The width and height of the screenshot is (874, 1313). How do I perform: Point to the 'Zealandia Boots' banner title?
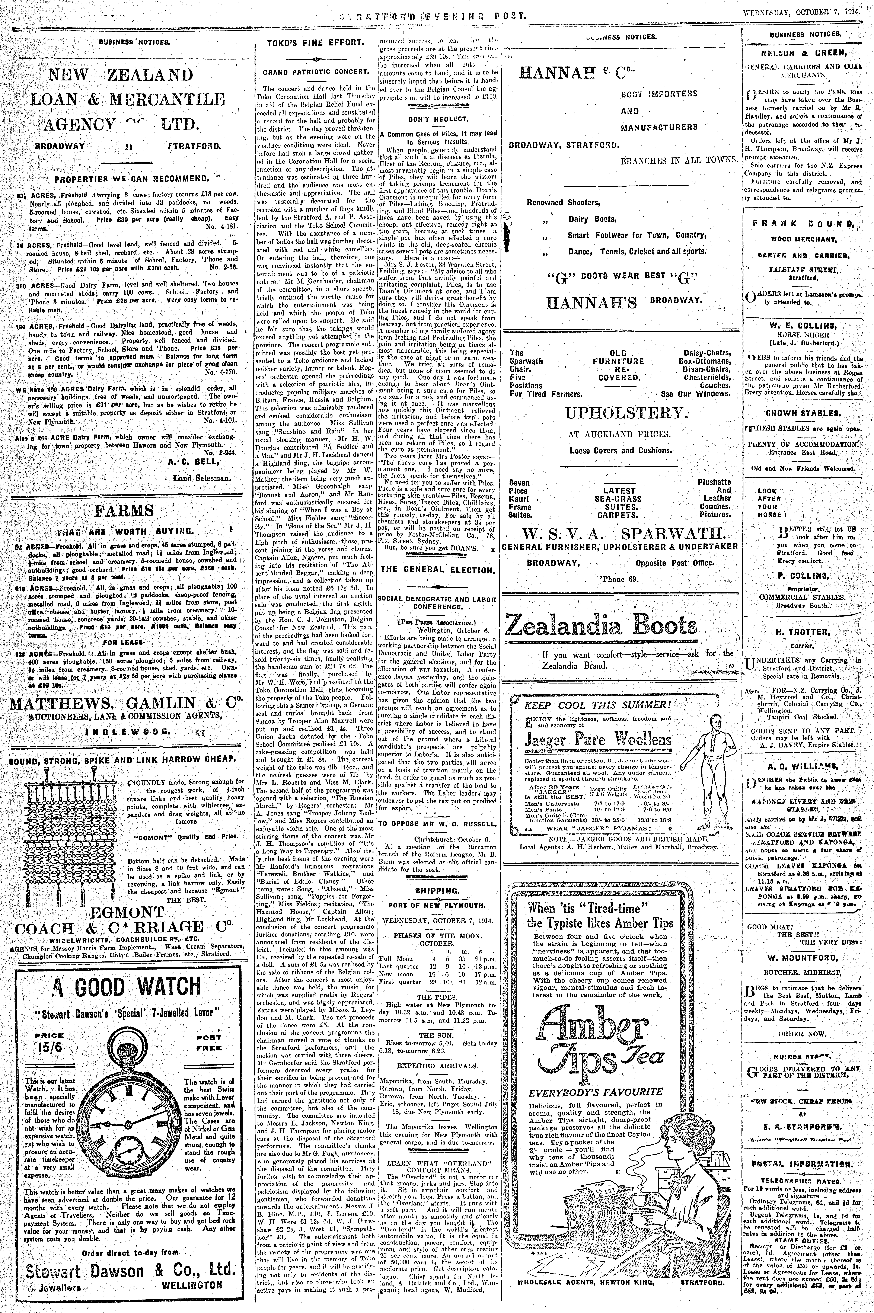point(601,625)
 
